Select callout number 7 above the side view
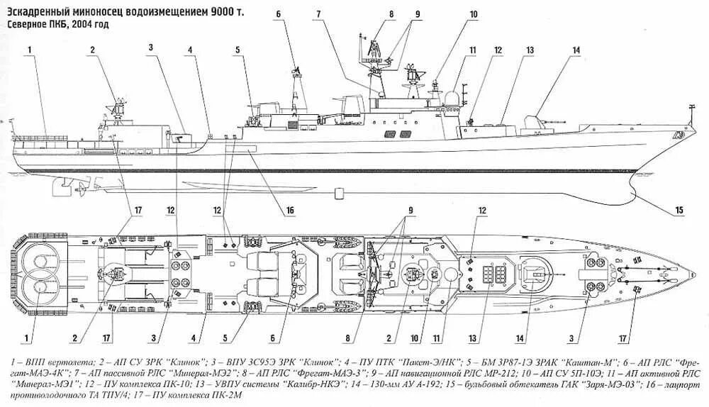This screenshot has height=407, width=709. point(321,14)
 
